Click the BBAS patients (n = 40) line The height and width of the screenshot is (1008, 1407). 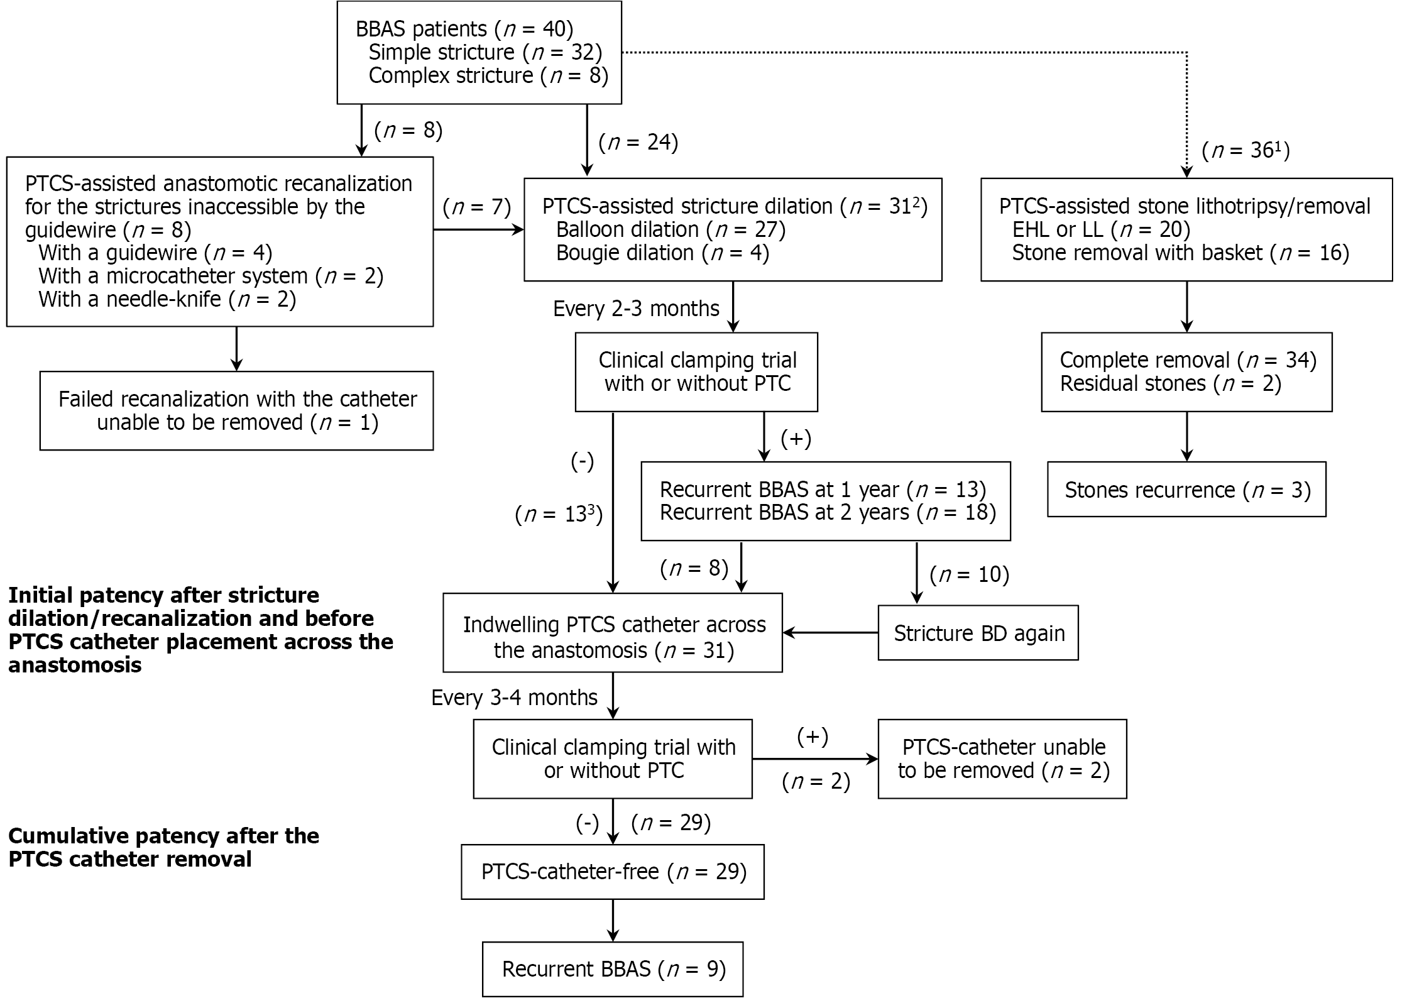pos(464,29)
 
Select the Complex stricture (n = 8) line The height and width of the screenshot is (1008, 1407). pos(488,75)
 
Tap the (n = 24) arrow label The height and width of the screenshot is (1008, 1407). pos(638,143)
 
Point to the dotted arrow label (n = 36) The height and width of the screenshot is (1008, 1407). pos(1245,151)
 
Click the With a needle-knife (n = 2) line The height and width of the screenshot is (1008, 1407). pos(167,299)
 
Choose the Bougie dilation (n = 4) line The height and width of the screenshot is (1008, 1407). pos(662,253)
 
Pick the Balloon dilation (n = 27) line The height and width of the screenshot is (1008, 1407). pos(670,229)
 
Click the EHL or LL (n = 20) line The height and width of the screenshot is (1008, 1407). pos(1100,229)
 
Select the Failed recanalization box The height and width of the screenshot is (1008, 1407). pos(236,410)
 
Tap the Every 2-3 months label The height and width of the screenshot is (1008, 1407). pos(635,309)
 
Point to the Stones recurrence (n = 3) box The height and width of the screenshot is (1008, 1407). pos(1186,490)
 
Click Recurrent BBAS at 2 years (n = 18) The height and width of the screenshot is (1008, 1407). pos(827,513)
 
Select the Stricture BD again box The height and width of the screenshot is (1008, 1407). pos(978,633)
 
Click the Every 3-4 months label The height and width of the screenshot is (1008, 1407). pos(513,698)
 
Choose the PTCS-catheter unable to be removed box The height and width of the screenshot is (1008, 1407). pos(1002,759)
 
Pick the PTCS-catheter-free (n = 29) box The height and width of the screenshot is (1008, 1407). pos(613,872)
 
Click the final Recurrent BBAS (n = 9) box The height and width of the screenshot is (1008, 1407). pos(613,969)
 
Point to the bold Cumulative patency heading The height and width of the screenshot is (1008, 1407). pos(163,847)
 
